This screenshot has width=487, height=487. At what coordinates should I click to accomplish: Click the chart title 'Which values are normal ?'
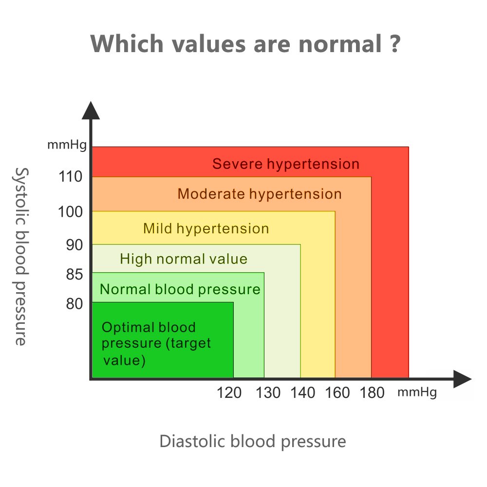coord(245,44)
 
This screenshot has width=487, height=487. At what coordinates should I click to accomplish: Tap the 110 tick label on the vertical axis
coord(71,177)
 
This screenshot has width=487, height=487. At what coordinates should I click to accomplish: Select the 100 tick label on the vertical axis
coord(71,212)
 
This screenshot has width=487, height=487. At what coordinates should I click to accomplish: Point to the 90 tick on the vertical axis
coord(74,244)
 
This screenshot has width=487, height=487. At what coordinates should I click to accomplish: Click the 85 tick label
coord(74,275)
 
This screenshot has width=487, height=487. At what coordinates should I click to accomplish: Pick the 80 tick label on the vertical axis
coord(74,304)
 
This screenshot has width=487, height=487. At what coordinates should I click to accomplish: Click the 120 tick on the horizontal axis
coord(229,392)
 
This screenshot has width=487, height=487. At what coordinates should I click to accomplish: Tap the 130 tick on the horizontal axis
coord(268,392)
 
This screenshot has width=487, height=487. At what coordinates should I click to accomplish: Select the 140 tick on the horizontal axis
coord(303,392)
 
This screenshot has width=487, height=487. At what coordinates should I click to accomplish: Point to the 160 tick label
coord(337,392)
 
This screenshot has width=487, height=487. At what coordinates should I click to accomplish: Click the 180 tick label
coord(372,392)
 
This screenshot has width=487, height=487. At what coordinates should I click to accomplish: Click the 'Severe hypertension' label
coord(286,164)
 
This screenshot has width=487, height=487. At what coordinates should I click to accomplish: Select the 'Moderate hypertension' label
coord(260,194)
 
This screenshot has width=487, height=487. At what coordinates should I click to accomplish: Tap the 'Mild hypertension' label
coord(206,228)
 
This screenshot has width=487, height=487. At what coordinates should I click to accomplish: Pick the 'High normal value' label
coord(184,259)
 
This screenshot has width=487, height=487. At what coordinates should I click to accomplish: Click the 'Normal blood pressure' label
coord(180,289)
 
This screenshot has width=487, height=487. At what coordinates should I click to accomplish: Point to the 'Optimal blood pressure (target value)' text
coord(156,344)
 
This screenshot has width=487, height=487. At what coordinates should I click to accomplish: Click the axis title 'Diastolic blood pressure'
coord(253,442)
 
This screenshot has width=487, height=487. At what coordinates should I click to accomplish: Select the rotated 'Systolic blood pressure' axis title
coord(20,256)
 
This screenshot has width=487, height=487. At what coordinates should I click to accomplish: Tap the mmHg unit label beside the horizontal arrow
coord(417,392)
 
